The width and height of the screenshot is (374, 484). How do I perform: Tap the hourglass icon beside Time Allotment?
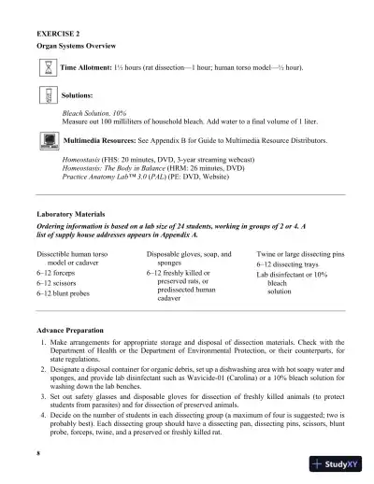[48, 67]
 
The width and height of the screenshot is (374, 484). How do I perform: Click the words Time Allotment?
[86, 68]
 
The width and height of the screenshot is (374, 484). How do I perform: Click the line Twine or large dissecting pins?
[301, 254]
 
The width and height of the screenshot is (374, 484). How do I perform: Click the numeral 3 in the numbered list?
[43, 394]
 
